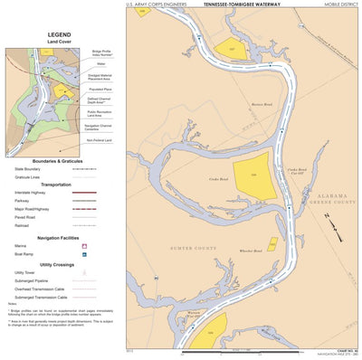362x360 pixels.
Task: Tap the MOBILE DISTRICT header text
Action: click(336, 5)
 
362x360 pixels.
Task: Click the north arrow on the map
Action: click(335, 232)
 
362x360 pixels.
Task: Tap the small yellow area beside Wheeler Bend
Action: click(272, 242)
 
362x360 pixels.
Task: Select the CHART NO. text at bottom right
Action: click(344, 350)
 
